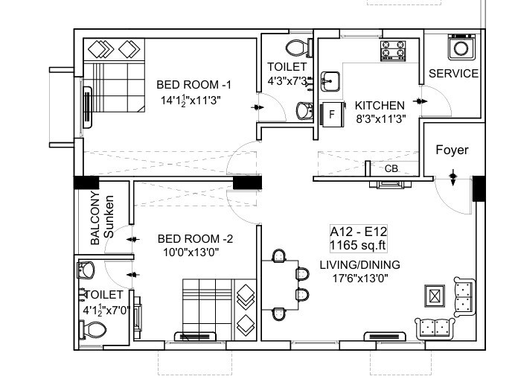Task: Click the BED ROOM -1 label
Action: [x=194, y=84]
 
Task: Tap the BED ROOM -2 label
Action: [x=196, y=239]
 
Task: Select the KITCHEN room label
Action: [x=380, y=105]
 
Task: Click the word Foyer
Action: [x=452, y=150]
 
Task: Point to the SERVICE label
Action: [x=453, y=74]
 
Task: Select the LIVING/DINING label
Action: [x=359, y=264]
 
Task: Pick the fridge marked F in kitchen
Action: [x=332, y=115]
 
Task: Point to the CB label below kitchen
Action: [x=391, y=168]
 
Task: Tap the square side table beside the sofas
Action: [x=433, y=295]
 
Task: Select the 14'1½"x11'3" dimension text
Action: [x=191, y=100]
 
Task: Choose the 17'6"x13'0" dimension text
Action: [x=359, y=279]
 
